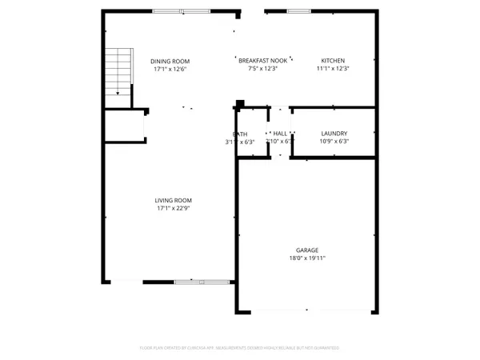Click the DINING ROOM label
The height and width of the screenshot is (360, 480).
tap(170, 61)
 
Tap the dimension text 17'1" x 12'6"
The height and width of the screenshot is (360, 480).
tap(170, 70)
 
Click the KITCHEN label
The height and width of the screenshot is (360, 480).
tap(333, 61)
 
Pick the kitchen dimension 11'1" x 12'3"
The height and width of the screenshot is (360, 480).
tap(333, 70)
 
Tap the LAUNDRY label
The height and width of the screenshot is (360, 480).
tap(333, 134)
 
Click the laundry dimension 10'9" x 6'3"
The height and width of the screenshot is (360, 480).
tap(333, 142)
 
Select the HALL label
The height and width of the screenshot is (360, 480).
tap(280, 134)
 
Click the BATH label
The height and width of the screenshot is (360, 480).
tap(240, 134)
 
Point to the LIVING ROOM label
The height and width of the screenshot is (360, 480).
tap(173, 200)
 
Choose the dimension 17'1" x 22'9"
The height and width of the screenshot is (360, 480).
tap(173, 209)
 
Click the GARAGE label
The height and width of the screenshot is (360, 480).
tap(308, 250)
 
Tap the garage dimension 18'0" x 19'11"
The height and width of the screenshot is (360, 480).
tap(308, 258)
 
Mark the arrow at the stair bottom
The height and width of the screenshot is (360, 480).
tap(118, 94)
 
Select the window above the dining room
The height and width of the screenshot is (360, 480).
tap(180, 11)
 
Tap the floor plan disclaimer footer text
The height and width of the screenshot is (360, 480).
tap(240, 348)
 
